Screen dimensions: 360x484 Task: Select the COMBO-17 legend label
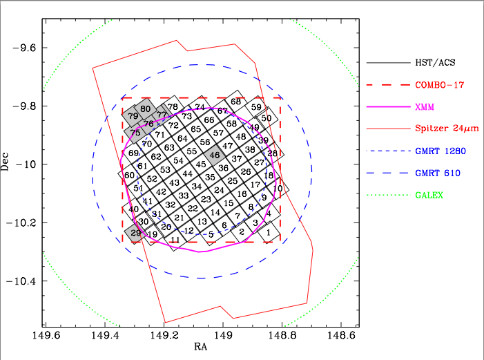(434, 86)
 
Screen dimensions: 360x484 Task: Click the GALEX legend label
(429, 196)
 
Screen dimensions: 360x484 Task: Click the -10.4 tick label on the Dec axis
(22, 281)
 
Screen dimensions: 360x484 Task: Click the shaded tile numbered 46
(215, 155)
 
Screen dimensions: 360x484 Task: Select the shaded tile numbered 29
(136, 234)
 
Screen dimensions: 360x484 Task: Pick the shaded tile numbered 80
(145, 108)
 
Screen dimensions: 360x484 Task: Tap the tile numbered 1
(268, 234)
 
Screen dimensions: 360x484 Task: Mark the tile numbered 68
(236, 102)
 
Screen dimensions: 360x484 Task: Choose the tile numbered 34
(197, 187)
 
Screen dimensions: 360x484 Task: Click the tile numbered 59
(256, 107)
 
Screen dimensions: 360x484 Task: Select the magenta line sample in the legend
(387, 107)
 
